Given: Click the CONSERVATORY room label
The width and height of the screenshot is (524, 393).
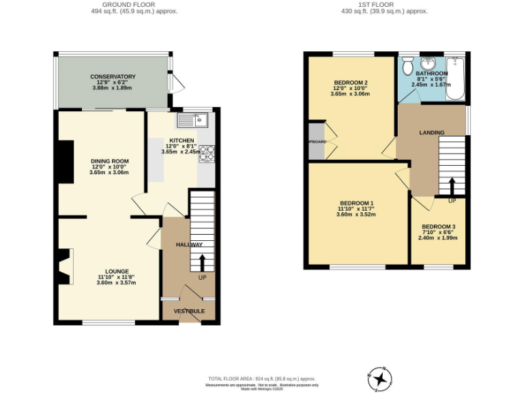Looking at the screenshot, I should tap(113, 76).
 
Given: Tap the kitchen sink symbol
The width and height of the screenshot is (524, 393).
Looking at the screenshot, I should tap(192, 121).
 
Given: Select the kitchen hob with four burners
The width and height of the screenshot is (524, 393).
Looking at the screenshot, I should tap(207, 154).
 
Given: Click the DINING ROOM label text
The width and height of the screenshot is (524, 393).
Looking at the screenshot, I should tap(110, 161).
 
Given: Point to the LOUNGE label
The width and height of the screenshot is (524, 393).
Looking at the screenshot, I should tap(113, 271).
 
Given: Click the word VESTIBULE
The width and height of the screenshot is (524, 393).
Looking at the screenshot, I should tap(188, 311).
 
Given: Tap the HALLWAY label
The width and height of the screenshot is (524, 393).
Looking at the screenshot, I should tap(189, 244).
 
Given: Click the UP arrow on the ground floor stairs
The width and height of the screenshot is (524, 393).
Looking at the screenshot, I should tap(202, 263).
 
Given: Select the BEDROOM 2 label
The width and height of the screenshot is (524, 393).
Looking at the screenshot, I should tap(350, 81).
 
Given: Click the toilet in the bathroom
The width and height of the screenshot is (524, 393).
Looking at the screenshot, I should tap(407, 66).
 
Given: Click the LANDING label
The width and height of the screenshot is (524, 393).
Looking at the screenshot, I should tap(431, 132).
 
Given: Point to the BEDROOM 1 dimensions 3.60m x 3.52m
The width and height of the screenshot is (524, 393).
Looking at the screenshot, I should tap(356, 215).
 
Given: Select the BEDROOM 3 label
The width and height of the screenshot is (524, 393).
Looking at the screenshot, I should tap(438, 227).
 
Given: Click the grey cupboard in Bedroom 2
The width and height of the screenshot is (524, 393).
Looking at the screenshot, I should tap(316, 141).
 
